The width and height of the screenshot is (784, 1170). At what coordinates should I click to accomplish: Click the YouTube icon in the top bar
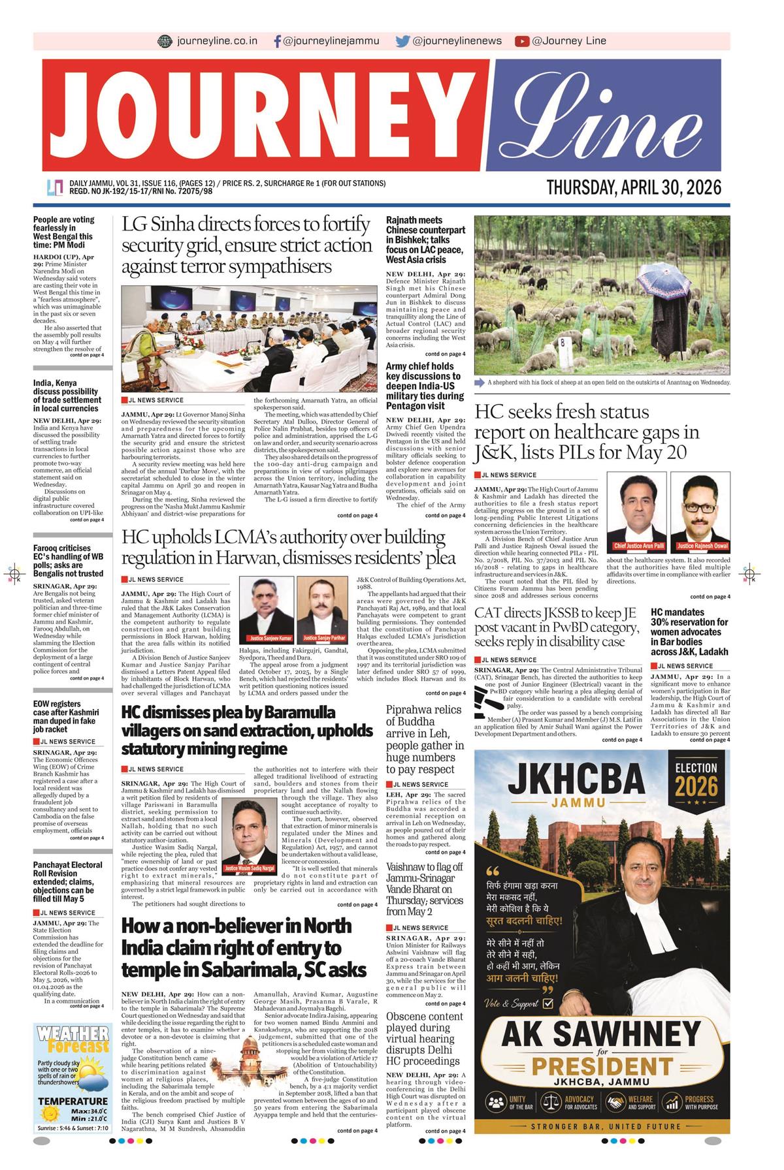click(521, 41)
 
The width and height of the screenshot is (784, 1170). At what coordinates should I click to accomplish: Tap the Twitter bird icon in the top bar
click(402, 41)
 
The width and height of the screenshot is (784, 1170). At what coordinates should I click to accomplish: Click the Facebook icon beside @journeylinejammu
click(278, 41)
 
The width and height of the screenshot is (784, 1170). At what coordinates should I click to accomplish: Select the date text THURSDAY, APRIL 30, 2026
click(634, 188)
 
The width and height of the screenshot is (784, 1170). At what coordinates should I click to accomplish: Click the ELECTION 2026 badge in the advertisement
click(696, 780)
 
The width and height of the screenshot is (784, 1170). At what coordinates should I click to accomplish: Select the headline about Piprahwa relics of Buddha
click(425, 739)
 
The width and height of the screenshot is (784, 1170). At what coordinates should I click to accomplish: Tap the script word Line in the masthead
click(604, 116)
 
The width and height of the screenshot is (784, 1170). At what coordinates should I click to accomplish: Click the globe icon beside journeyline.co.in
click(165, 41)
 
